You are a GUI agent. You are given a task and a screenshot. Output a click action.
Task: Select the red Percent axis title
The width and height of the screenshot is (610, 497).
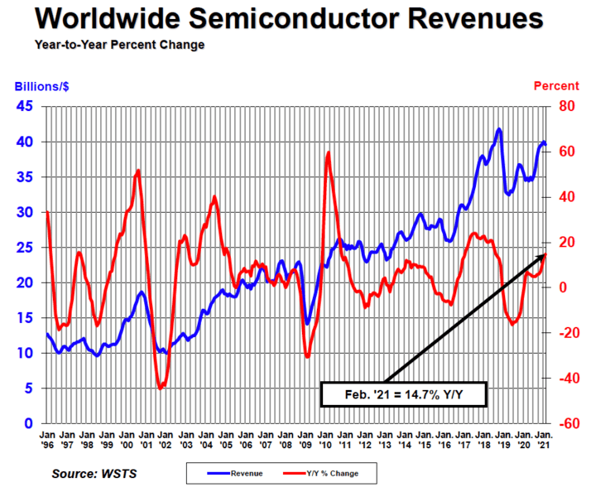point(556,86)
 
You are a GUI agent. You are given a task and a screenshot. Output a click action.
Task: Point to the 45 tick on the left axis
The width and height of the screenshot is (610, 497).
point(25,106)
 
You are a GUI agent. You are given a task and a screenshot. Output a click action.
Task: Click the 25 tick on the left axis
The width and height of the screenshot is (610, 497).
point(25,247)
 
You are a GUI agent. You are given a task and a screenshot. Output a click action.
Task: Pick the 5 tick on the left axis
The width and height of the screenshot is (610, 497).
point(29,388)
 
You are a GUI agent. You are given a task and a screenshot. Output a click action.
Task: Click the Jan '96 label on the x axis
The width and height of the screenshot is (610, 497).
point(48,438)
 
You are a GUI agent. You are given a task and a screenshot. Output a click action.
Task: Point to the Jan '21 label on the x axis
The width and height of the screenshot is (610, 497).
point(545,438)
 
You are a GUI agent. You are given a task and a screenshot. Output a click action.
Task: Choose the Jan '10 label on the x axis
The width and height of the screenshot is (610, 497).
point(325,438)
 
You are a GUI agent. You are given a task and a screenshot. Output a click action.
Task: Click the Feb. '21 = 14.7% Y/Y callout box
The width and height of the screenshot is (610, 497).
point(403,395)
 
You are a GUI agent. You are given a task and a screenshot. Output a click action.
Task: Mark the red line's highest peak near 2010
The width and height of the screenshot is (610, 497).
point(329,152)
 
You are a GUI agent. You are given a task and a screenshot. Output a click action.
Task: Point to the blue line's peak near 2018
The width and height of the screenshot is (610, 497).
point(498,129)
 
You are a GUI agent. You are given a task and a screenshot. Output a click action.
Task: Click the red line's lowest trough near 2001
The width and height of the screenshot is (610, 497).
point(160,388)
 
